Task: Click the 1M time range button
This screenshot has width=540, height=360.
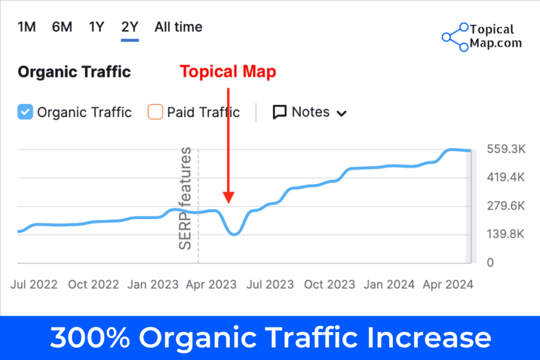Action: (x=27, y=27)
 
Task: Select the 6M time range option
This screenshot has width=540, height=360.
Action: (x=62, y=27)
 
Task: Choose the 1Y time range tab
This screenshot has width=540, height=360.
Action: (x=97, y=27)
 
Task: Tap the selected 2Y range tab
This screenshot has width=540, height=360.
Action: (x=130, y=27)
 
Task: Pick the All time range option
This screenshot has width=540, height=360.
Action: (x=178, y=27)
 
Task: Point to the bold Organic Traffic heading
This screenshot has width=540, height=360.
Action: (x=74, y=72)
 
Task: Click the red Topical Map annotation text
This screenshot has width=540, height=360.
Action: (x=228, y=72)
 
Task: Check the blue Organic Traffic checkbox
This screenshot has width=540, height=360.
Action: (x=25, y=112)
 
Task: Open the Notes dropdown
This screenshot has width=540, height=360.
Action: (x=310, y=112)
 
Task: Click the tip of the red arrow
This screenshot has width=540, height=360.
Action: (x=228, y=202)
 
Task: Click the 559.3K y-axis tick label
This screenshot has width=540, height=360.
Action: (x=505, y=150)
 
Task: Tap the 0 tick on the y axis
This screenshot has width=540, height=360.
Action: (x=490, y=262)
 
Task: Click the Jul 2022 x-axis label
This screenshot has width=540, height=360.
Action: (x=34, y=284)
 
